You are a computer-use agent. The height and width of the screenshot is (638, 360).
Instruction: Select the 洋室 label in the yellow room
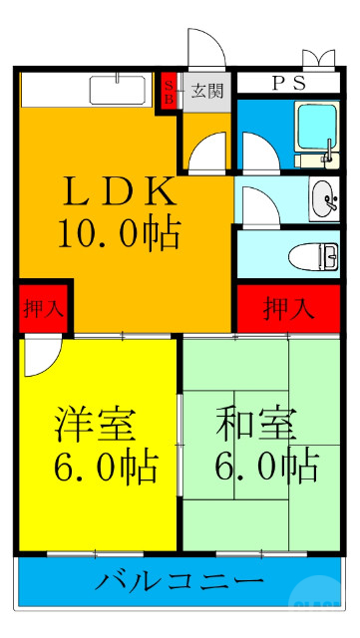point(96,424)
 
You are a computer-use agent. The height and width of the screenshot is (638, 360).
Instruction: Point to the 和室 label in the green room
point(256,424)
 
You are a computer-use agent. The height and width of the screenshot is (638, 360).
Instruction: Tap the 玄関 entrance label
point(207,91)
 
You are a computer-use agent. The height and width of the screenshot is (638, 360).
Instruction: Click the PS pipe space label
point(283,83)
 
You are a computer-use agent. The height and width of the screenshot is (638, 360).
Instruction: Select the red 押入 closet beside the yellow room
point(43,308)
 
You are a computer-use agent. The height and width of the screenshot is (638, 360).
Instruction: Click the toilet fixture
point(313,256)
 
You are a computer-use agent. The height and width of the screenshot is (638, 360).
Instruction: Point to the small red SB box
point(170,91)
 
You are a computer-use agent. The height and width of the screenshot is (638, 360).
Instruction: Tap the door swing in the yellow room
point(39,356)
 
